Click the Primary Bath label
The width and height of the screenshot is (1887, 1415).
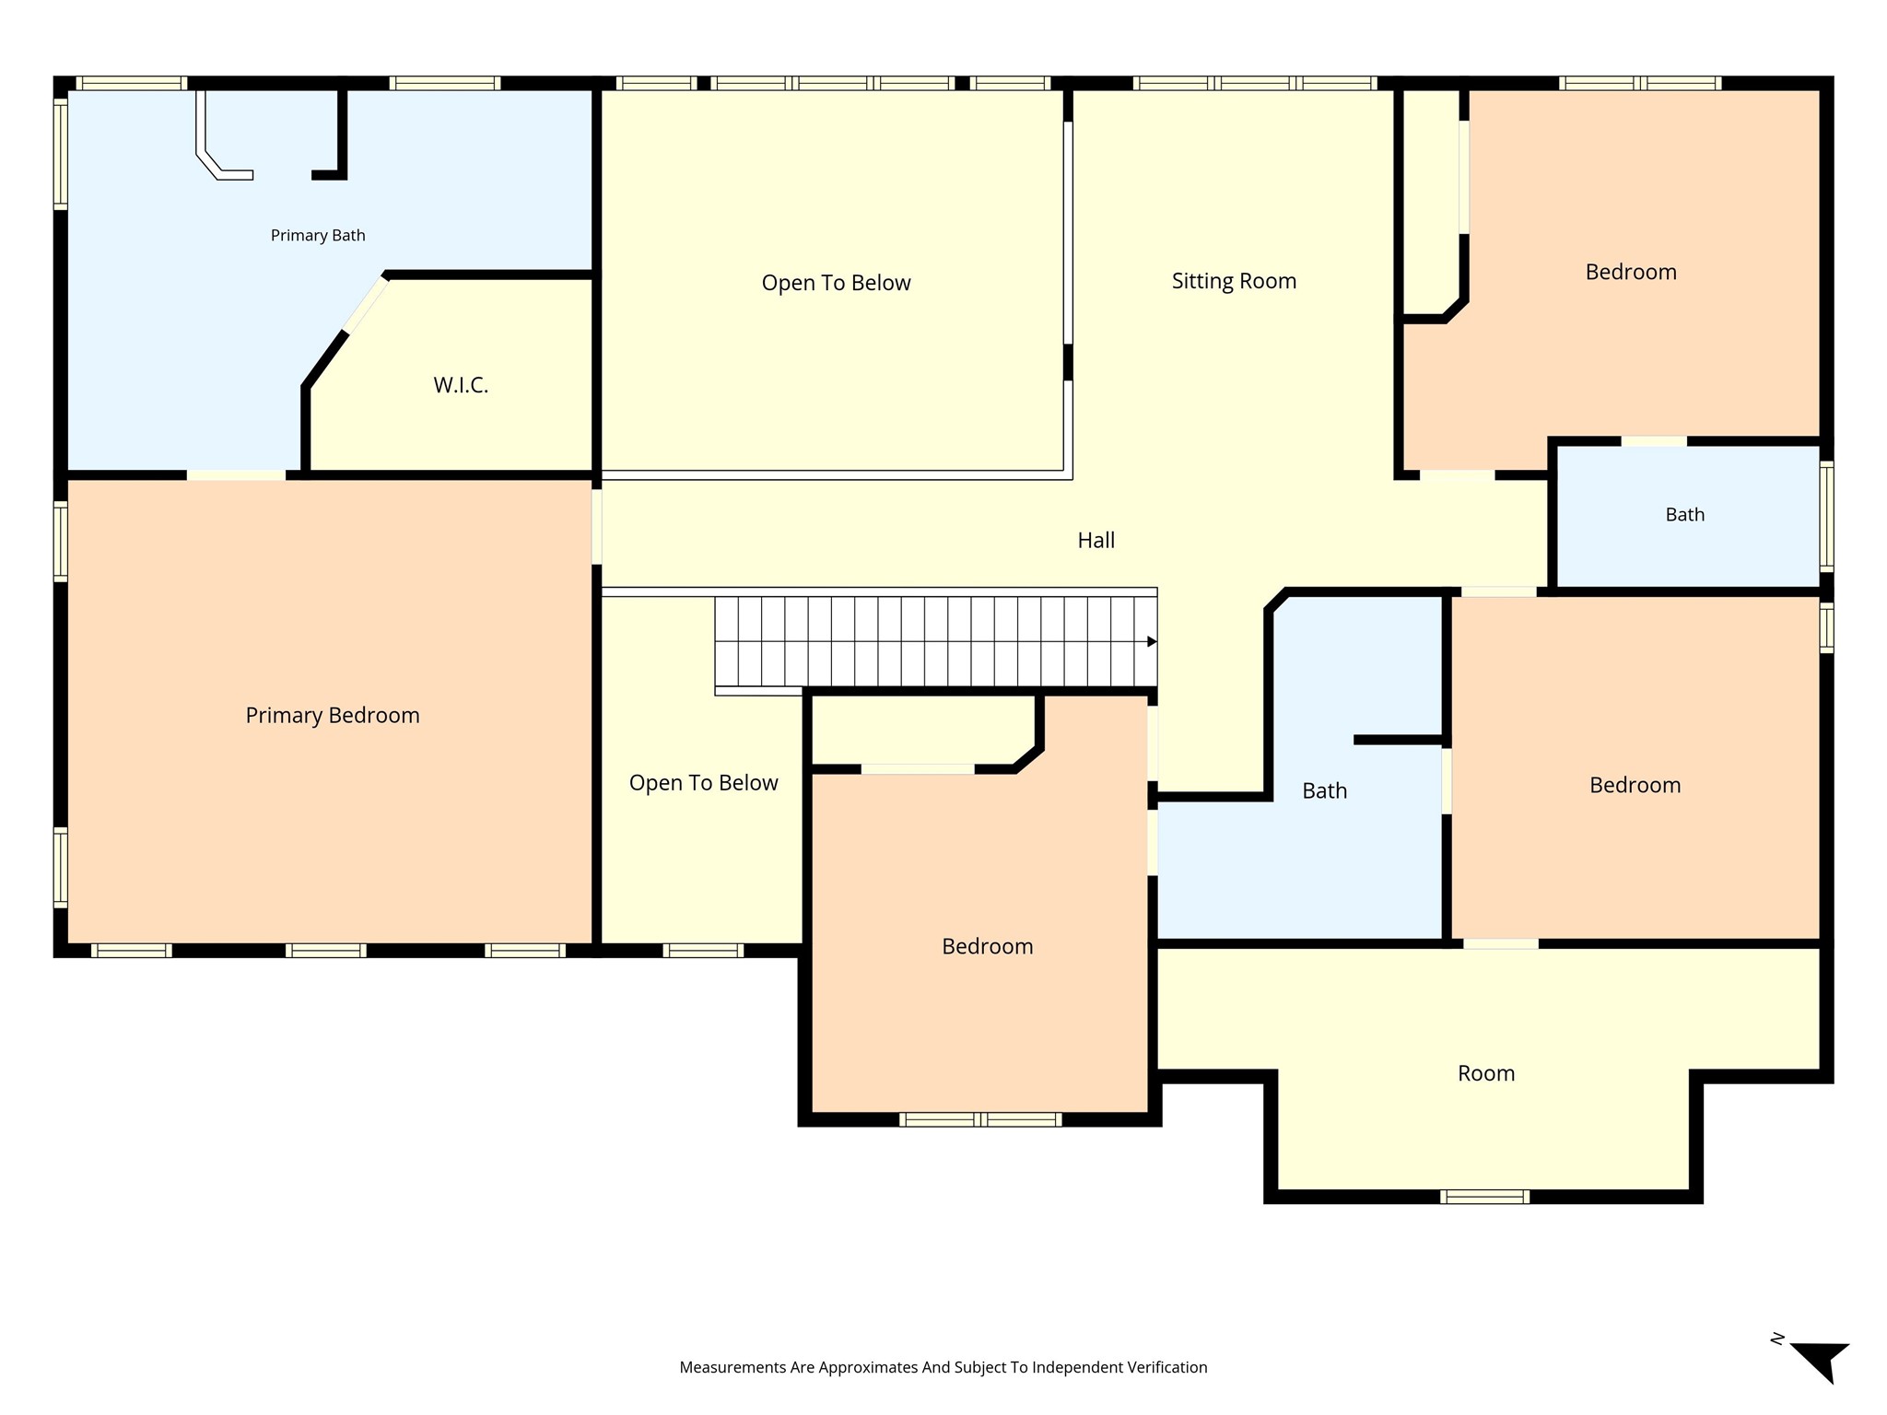coord(318,236)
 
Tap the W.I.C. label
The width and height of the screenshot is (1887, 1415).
coord(461,385)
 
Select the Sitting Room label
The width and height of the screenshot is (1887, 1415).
coord(1234,281)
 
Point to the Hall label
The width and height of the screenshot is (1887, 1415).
coord(1096,540)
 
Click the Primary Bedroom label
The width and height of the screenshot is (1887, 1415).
coord(333,716)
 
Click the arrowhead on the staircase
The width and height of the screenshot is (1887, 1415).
coord(1152,641)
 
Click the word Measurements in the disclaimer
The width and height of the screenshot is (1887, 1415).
coord(733,1367)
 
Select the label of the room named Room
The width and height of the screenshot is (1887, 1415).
coord(1486,1073)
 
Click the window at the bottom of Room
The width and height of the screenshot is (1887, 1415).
coord(1484,1197)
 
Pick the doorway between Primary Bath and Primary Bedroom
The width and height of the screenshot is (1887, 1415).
coord(236,475)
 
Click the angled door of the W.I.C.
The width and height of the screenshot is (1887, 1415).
coord(366,305)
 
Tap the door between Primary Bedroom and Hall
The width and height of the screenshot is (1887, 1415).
coord(597,527)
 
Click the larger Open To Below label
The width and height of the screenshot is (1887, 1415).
coord(836,283)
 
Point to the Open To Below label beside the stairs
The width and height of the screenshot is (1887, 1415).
coord(704,783)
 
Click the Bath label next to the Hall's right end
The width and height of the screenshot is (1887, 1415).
coord(1685,515)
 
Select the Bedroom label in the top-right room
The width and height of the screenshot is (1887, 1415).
coord(1631,272)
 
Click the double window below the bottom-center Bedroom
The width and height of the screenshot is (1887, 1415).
coord(980,1119)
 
